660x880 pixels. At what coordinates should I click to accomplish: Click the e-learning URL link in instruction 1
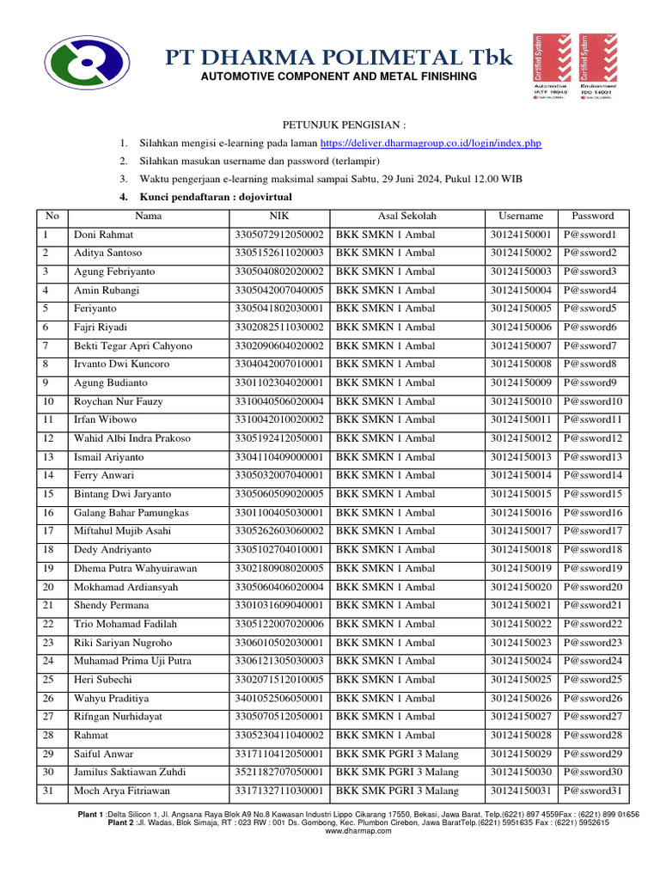point(431,144)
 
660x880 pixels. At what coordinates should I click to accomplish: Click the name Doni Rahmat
point(103,235)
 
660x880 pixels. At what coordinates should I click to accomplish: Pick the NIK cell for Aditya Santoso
point(278,254)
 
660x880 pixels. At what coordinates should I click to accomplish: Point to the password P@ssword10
point(593,401)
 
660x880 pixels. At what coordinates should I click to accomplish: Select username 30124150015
point(521,494)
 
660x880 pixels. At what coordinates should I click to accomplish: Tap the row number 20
point(49,587)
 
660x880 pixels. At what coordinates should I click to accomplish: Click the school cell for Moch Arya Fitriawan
point(397,791)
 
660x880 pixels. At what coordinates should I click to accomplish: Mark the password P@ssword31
point(593,791)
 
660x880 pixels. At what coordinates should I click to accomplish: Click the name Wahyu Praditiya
point(112,699)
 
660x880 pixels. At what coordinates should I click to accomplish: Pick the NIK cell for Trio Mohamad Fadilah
point(278,624)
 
